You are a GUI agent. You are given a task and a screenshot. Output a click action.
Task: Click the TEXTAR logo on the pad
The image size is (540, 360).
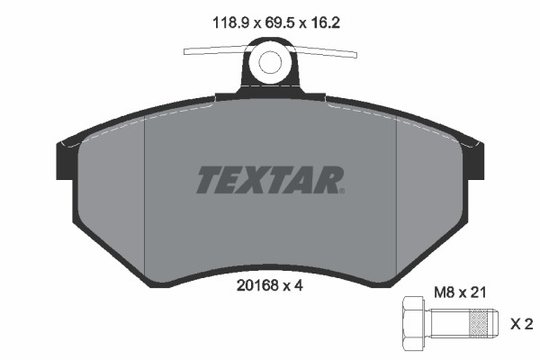[269, 179]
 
